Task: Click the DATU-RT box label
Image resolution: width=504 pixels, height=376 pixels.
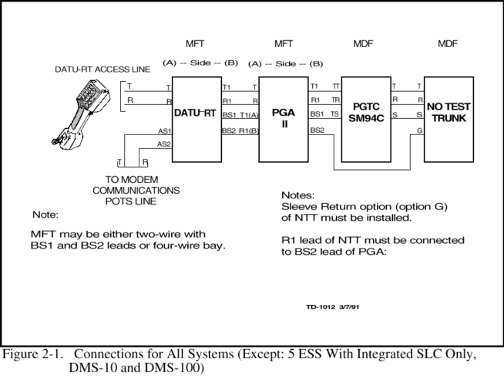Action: [196, 113]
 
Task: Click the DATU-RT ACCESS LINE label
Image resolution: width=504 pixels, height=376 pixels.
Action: [102, 69]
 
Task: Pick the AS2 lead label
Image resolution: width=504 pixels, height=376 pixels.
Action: [164, 144]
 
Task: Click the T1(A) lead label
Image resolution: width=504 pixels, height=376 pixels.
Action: [250, 115]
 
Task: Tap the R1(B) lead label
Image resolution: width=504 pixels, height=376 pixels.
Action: [250, 130]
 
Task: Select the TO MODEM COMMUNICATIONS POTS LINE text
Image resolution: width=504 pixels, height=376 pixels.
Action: [136, 189]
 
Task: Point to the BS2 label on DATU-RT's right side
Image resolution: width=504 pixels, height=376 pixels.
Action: [229, 130]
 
